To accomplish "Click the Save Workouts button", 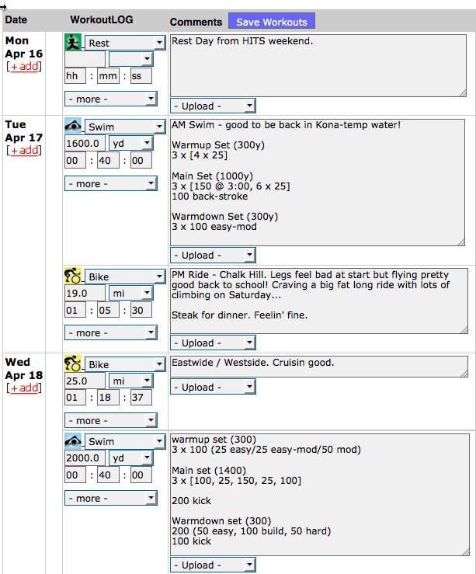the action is pyautogui.click(x=272, y=21).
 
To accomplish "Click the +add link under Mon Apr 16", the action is pyautogui.click(x=24, y=67).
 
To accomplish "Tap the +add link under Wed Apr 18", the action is pyautogui.click(x=24, y=388).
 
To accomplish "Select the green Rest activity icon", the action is pyautogui.click(x=73, y=42).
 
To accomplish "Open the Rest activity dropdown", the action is pyautogui.click(x=125, y=43).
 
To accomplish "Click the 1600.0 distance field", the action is pyautogui.click(x=85, y=143).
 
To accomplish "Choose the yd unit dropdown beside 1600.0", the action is pyautogui.click(x=131, y=143).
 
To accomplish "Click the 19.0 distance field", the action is pyautogui.click(x=85, y=294).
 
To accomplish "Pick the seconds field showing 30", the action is pyautogui.click(x=141, y=310).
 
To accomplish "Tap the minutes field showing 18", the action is pyautogui.click(x=108, y=397).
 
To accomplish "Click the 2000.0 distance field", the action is pyautogui.click(x=85, y=458).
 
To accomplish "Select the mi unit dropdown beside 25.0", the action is pyautogui.click(x=131, y=381).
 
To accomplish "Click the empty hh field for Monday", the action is pyautogui.click(x=75, y=76).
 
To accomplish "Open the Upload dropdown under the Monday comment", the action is pyautogui.click(x=213, y=106).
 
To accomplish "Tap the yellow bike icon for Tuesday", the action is pyautogui.click(x=73, y=276).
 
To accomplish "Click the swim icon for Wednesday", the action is pyautogui.click(x=73, y=440).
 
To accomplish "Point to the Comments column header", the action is pyautogui.click(x=196, y=22).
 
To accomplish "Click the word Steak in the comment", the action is pyautogui.click(x=185, y=315).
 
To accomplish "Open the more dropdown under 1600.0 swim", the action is pyautogui.click(x=111, y=183).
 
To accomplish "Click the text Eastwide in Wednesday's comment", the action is pyautogui.click(x=192, y=363).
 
